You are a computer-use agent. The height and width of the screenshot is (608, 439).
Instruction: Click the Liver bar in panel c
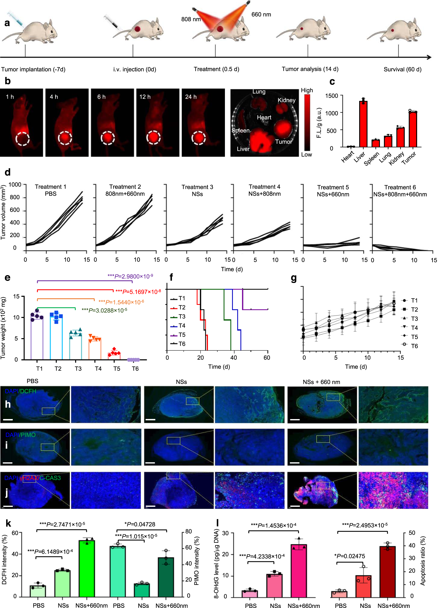(x=363, y=124)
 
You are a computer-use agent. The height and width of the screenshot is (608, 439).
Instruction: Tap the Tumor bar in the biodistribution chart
(x=413, y=129)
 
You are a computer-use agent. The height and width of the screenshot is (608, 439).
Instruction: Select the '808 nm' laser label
(x=191, y=19)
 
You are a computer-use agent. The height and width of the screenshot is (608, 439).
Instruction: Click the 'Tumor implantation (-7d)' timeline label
(x=33, y=69)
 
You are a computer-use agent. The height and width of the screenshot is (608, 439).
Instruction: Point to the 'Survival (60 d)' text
(x=402, y=69)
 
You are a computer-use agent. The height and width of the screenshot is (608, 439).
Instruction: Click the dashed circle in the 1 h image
(x=22, y=139)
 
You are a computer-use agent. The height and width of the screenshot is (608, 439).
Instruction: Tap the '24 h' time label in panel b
(x=191, y=97)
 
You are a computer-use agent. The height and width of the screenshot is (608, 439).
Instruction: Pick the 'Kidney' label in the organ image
(x=286, y=100)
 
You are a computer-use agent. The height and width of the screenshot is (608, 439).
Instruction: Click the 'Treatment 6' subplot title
(x=400, y=187)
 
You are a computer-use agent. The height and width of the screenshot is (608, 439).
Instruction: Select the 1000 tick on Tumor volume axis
(x=15, y=185)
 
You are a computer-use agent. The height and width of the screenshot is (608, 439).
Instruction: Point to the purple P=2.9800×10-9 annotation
(x=130, y=276)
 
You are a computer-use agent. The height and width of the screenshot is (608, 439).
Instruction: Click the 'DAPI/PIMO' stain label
(x=20, y=435)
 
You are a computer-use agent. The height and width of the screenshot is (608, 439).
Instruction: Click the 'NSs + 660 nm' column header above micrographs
(x=321, y=382)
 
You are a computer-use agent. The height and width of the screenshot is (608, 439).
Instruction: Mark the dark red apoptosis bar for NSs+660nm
(x=388, y=571)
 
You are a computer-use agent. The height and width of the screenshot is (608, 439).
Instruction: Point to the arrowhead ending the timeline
(x=429, y=57)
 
